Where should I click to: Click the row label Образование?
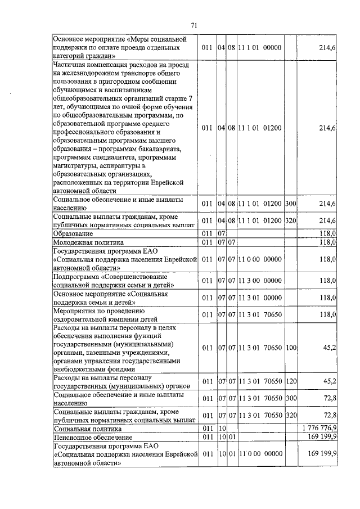tap(73, 233)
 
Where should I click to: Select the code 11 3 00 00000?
tap(259, 280)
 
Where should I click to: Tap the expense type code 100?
tap(291, 348)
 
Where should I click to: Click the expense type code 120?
tap(291, 382)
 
